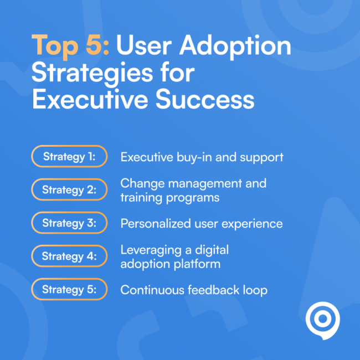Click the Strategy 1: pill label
point(69,157)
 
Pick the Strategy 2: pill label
point(69,190)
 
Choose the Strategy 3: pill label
point(69,223)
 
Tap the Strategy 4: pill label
point(69,256)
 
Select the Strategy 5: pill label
point(69,290)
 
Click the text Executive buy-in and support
point(202,157)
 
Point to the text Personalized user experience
point(202,224)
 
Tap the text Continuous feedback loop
point(194,290)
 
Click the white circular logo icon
point(322,321)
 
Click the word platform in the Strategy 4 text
point(199,264)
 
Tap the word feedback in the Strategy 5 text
point(216,290)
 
